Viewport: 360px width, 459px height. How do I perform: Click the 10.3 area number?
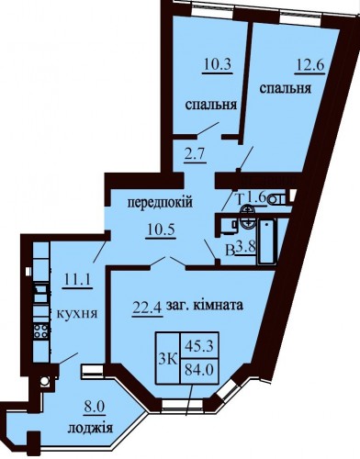pos(218,65)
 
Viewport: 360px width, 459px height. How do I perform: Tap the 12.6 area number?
pos(309,65)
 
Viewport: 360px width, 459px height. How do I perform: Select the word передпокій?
pos(160,202)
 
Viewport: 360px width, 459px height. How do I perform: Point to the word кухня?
pos(77,313)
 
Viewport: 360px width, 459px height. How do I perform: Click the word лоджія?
pos(90,428)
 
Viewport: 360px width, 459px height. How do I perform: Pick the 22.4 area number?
pos(147,307)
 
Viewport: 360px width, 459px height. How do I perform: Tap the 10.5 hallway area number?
pos(161,229)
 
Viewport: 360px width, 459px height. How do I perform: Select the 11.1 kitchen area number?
pos(77,279)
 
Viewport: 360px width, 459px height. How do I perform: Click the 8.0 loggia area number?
pos(95,408)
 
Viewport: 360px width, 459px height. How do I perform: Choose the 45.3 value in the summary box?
pos(199,346)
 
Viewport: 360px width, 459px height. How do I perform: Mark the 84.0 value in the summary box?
pos(199,371)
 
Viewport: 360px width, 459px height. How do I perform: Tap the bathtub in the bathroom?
pos(267,241)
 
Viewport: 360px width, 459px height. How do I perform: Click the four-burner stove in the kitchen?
pos(41,330)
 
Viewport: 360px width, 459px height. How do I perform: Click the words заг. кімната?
pos(205,306)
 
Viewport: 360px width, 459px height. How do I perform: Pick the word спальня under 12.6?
pos(286,89)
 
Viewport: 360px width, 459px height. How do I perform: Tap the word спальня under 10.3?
pos(211,105)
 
